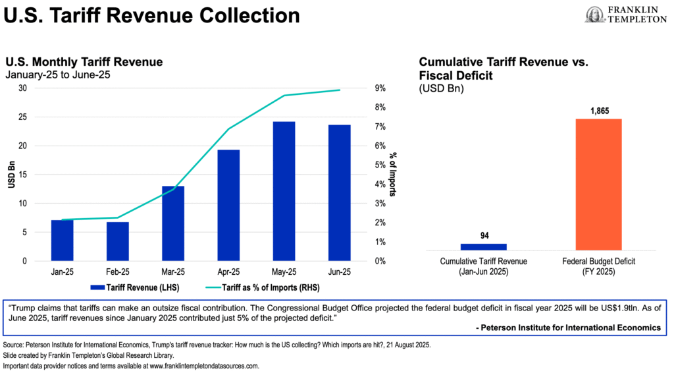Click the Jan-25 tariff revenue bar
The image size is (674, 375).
pyautogui.click(x=62, y=241)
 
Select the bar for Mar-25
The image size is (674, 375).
pyautogui.click(x=173, y=223)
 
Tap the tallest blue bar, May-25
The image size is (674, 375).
pyautogui.click(x=284, y=191)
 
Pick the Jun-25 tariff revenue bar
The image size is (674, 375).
pyautogui.click(x=340, y=192)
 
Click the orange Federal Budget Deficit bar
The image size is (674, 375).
pyautogui.click(x=599, y=184)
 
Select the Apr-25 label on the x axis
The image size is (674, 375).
pyautogui.click(x=228, y=271)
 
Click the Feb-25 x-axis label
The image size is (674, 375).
pyautogui.click(x=117, y=271)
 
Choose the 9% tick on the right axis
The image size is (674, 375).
pyautogui.click(x=380, y=88)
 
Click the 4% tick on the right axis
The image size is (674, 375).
pyautogui.click(x=380, y=185)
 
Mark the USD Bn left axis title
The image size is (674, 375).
pyautogui.click(x=11, y=175)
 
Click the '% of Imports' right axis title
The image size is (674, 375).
pyautogui.click(x=393, y=175)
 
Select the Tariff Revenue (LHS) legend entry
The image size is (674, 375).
pyautogui.click(x=135, y=287)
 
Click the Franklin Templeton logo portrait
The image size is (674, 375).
pyautogui.click(x=593, y=14)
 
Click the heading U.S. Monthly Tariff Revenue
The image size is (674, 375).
pyautogui.click(x=84, y=63)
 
